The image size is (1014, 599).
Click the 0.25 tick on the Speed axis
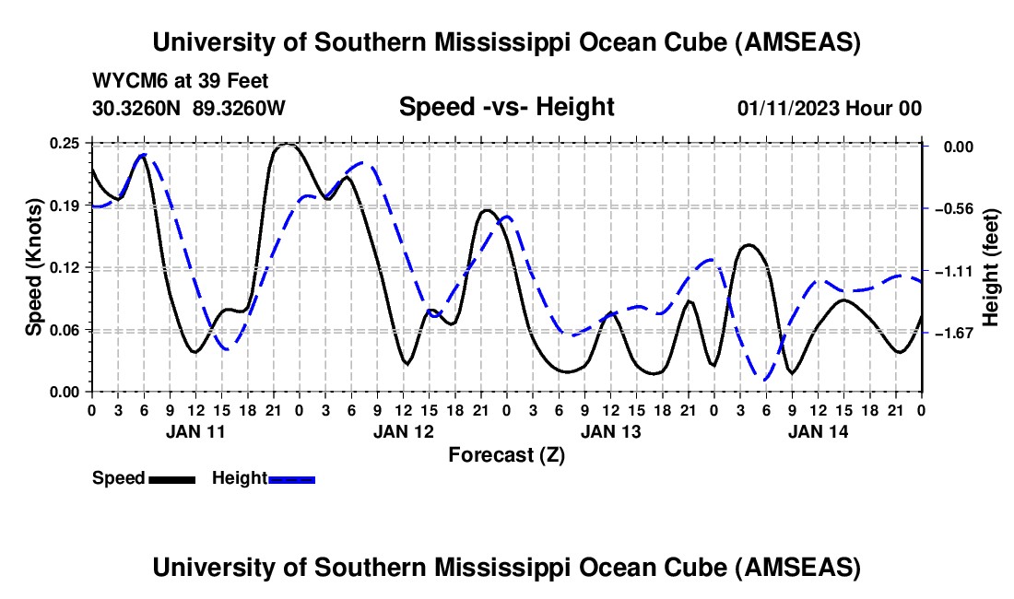click(x=66, y=144)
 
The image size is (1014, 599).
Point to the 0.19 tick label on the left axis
click(x=66, y=206)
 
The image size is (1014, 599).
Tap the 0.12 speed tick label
click(x=66, y=267)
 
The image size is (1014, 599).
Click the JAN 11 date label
click(x=195, y=430)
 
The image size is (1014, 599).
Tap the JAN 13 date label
click(x=609, y=430)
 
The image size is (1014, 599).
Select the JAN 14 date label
click(x=817, y=430)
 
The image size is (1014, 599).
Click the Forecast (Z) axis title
click(x=506, y=454)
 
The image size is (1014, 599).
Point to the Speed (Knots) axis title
click(x=34, y=267)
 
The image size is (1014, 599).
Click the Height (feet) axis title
click(x=991, y=268)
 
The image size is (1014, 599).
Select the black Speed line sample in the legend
click(x=171, y=478)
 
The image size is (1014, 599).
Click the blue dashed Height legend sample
click(x=291, y=478)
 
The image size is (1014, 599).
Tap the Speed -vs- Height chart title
click(x=506, y=108)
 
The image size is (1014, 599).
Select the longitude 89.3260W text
click(x=240, y=108)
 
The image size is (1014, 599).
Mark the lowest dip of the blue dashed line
click(x=763, y=379)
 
